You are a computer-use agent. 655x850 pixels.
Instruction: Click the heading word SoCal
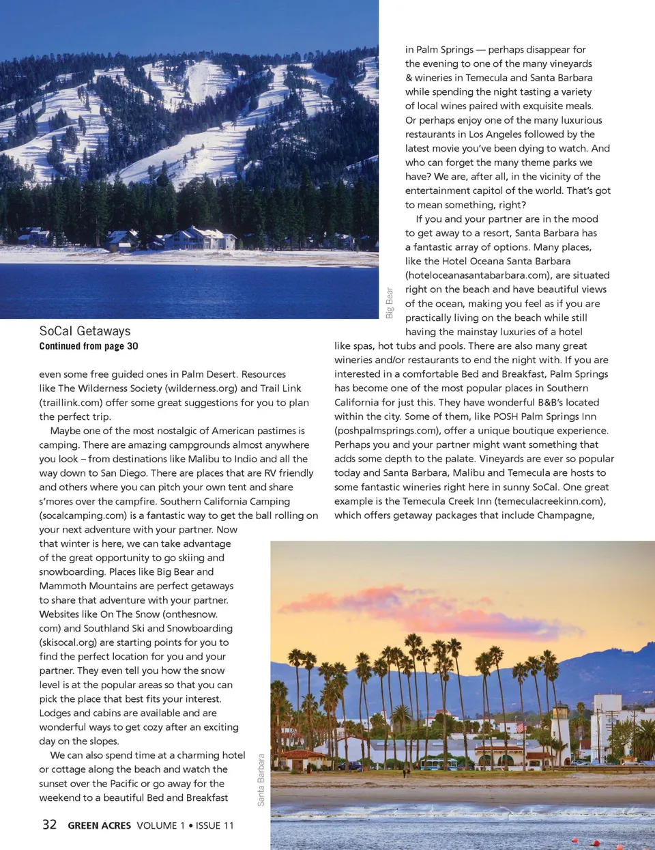pyautogui.click(x=56, y=331)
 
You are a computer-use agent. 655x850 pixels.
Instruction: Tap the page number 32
pyautogui.click(x=49, y=825)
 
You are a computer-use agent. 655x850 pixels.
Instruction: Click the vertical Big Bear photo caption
pyautogui.click(x=390, y=302)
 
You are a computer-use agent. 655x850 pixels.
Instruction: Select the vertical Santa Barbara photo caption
pyautogui.click(x=261, y=780)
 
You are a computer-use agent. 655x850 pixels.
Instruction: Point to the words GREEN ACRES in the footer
pyautogui.click(x=100, y=825)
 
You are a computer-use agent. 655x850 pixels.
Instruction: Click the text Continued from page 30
pyautogui.click(x=89, y=346)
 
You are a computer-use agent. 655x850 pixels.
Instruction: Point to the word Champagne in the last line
pyautogui.click(x=564, y=515)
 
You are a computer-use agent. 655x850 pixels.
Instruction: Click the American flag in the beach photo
pyautogui.click(x=522, y=728)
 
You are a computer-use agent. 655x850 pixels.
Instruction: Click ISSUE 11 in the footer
pyautogui.click(x=215, y=825)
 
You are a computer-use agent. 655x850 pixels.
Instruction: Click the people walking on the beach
pyautogui.click(x=405, y=773)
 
